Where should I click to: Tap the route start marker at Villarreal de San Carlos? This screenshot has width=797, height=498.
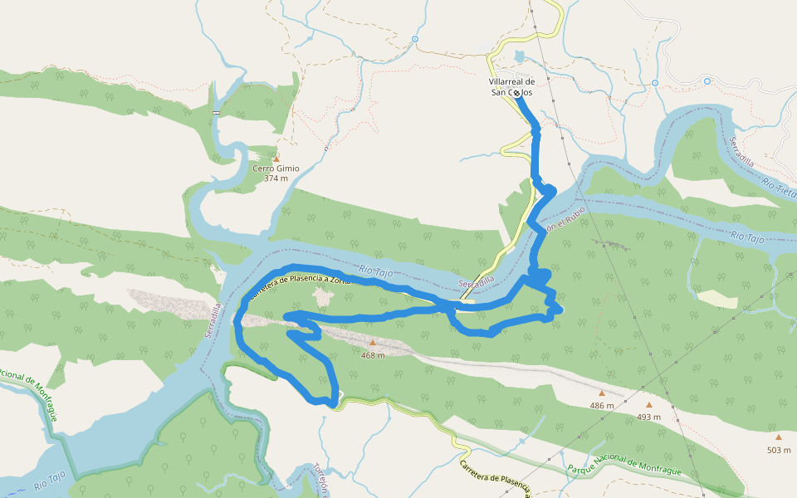517,94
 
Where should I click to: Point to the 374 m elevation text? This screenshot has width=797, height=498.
276,178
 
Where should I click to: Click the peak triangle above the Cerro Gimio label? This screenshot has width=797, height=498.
276,158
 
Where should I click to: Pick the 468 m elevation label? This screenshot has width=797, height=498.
373,355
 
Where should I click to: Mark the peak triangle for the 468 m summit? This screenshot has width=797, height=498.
373,342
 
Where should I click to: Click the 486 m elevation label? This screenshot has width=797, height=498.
602,406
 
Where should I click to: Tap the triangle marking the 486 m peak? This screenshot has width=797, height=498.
602,393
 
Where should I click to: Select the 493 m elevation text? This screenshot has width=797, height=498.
649,417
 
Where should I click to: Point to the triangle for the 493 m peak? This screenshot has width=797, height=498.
649,405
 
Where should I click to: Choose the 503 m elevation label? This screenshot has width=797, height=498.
779,450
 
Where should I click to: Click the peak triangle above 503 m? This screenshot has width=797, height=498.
779,437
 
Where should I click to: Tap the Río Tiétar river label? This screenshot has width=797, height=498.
779,190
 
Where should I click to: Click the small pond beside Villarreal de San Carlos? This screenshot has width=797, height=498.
521,57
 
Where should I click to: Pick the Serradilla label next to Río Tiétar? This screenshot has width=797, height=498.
741,151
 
